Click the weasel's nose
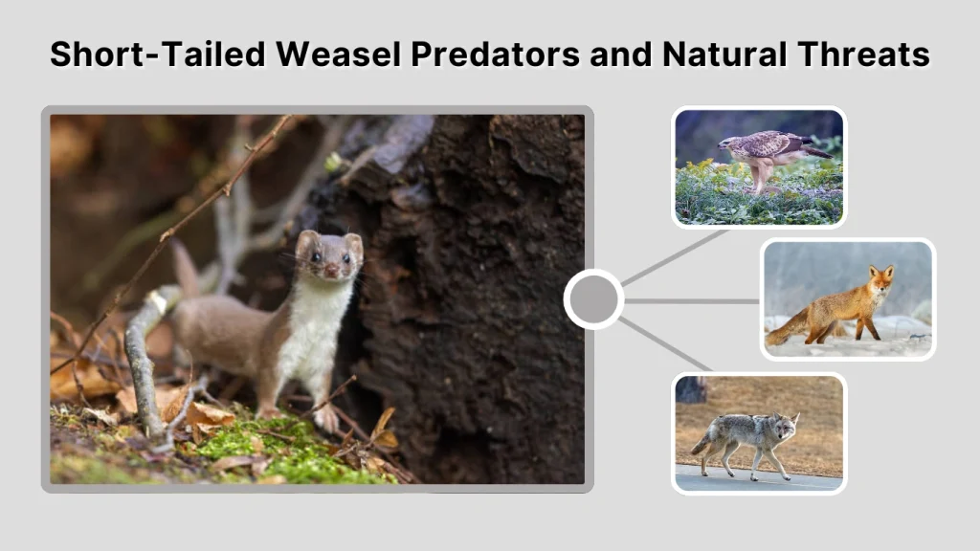tap(329, 271)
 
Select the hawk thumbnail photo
tap(758, 166)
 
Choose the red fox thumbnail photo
tap(848, 298)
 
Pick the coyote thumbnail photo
tap(758, 432)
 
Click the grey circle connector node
tap(593, 299)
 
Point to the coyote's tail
tap(702, 441)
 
